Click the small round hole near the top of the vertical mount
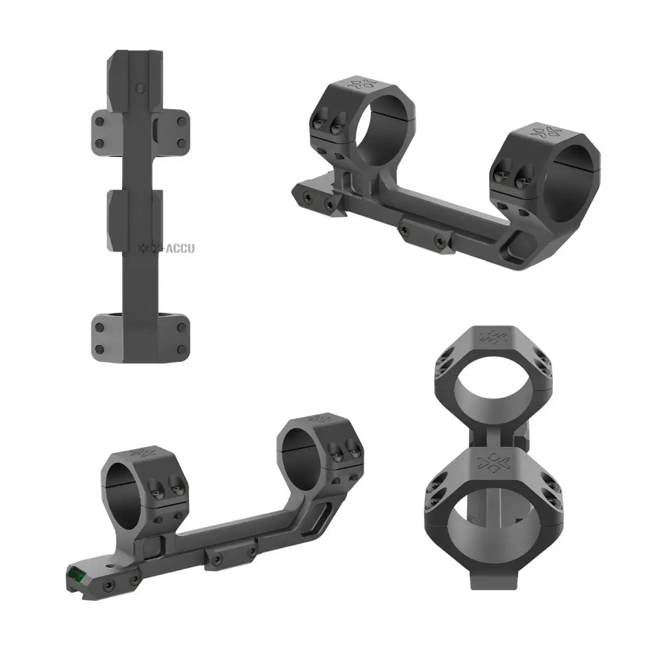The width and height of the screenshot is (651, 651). [141, 87]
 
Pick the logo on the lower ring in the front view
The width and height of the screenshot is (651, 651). [493, 462]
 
